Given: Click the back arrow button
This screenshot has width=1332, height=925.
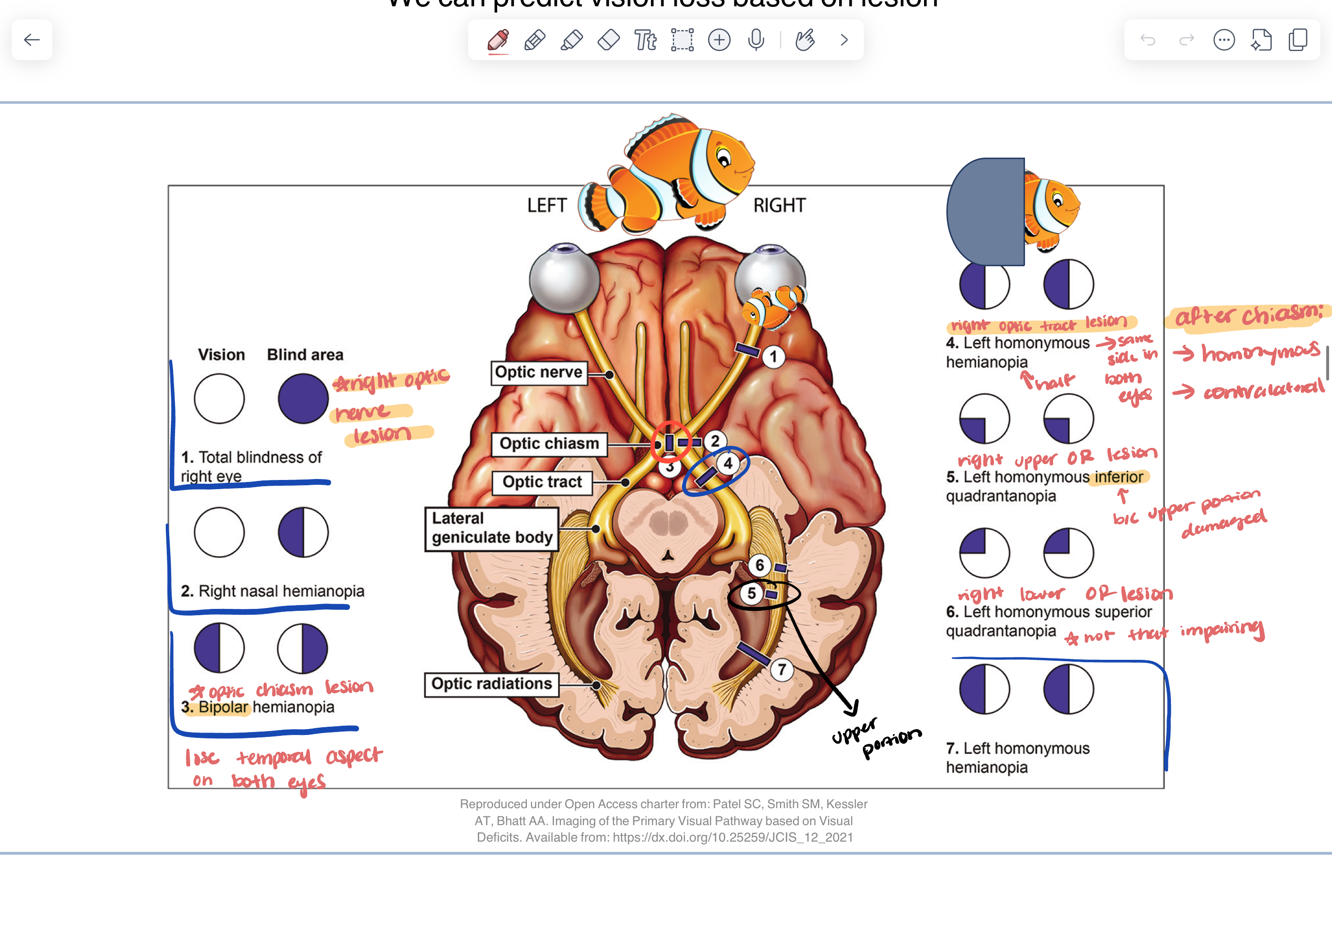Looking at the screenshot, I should click(x=32, y=40).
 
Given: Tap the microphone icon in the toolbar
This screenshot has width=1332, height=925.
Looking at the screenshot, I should click(x=756, y=40).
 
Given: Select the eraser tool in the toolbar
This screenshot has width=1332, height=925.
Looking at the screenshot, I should click(x=608, y=40).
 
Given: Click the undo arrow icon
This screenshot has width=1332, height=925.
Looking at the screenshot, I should click(x=1148, y=40).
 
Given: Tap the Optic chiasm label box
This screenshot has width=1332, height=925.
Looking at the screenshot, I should click(x=549, y=444).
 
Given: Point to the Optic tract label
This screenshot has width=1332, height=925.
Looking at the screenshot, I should click(x=542, y=482).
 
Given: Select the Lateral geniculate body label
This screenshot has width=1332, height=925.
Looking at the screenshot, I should click(x=491, y=528).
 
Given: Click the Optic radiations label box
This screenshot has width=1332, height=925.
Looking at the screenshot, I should click(x=491, y=684).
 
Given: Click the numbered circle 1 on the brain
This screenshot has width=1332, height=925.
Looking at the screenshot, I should click(x=773, y=356).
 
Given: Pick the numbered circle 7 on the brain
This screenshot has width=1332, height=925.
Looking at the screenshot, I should click(x=781, y=670).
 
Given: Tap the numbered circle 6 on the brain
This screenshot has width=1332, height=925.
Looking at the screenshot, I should click(x=760, y=565).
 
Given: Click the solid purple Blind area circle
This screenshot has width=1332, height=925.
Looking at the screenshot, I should click(x=303, y=399).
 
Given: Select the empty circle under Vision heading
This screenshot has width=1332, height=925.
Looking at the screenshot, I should click(x=219, y=399).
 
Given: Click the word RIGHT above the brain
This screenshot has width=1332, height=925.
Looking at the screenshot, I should click(x=780, y=205).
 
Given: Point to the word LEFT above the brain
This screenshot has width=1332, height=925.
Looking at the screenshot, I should click(x=547, y=205).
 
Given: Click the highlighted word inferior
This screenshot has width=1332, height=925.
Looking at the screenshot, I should click(x=1119, y=477).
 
